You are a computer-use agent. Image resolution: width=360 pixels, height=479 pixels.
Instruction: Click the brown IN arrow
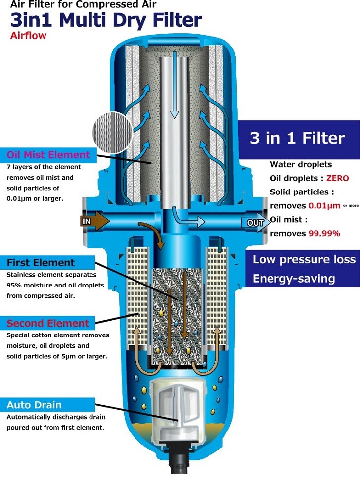coord(94,221)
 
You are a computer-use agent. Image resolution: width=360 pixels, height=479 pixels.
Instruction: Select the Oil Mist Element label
coord(48,155)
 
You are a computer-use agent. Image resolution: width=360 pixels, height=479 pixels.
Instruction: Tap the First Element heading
coord(41,263)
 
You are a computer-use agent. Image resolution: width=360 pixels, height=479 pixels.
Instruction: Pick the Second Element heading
coord(47,323)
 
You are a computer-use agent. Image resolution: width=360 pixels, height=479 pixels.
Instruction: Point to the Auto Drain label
coord(34,405)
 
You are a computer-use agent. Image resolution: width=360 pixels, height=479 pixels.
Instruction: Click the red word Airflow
coord(28,36)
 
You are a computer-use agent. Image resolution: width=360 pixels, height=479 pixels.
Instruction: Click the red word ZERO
coord(337,178)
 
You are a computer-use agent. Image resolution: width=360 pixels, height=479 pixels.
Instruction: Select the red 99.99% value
coord(324,234)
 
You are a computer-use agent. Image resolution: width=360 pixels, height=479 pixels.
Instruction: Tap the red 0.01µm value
coord(324,206)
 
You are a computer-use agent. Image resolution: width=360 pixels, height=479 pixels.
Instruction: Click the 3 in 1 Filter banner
coord(299,139)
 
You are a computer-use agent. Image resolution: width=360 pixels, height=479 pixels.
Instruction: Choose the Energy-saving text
coord(294,279)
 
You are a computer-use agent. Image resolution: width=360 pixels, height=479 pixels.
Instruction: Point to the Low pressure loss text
coord(304,259)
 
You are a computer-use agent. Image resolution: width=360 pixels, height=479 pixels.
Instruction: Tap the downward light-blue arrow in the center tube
coord(175,85)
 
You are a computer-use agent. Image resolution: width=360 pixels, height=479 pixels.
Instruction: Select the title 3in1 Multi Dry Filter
coord(106,20)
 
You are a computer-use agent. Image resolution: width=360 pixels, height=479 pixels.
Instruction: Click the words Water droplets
coord(301,164)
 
